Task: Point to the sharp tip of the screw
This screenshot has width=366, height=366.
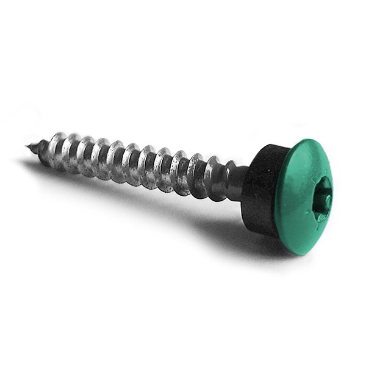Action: click(x=28, y=146)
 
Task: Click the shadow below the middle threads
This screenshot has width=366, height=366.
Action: click(x=134, y=195)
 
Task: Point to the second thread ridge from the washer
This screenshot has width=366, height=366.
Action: click(x=196, y=173)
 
